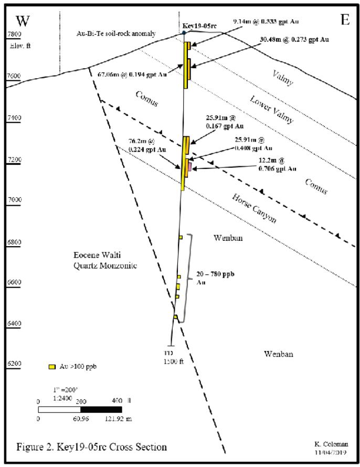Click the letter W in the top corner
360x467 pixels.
tap(23, 21)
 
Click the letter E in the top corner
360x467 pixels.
tap(344, 20)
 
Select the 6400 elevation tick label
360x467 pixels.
tap(14, 323)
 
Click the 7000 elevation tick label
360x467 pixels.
tap(14, 200)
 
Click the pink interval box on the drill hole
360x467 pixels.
tap(189, 166)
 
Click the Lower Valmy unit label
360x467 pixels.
tap(271, 109)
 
